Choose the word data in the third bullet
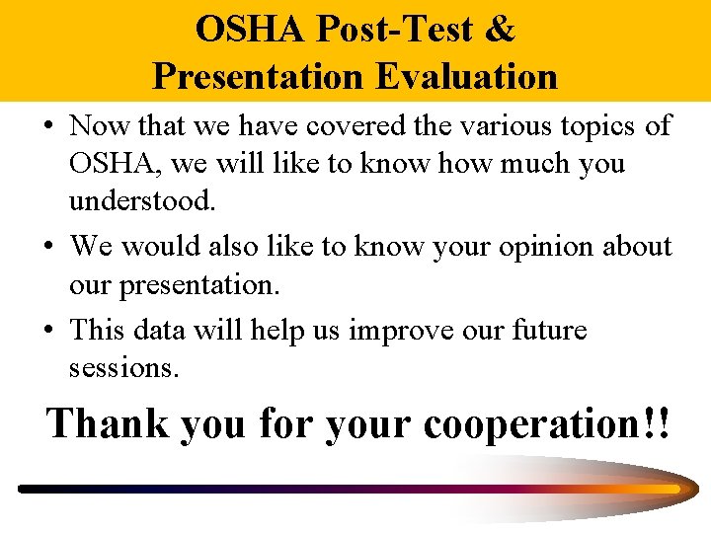[174, 330]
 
